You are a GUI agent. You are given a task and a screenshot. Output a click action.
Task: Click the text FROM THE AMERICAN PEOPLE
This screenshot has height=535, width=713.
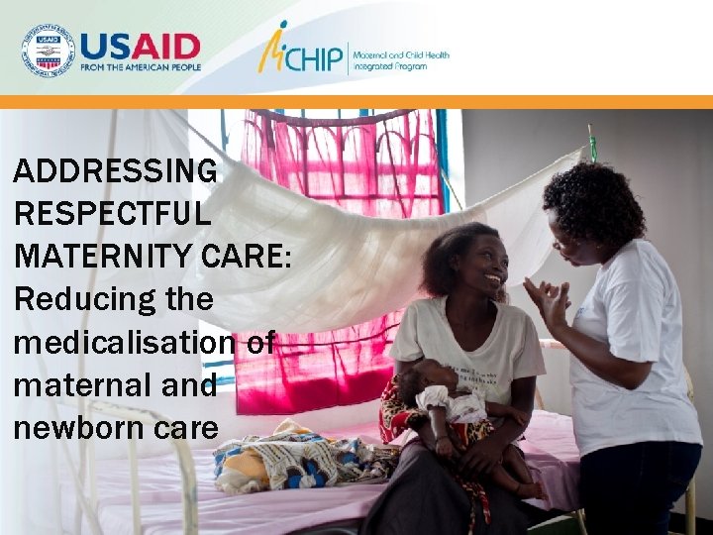[x=140, y=67]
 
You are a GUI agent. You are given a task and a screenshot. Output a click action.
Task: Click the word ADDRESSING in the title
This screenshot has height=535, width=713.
[x=115, y=170]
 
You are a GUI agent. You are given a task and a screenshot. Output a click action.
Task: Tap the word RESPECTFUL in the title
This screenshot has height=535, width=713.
[x=112, y=213]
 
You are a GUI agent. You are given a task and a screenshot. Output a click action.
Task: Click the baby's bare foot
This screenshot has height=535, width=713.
[x=536, y=490]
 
